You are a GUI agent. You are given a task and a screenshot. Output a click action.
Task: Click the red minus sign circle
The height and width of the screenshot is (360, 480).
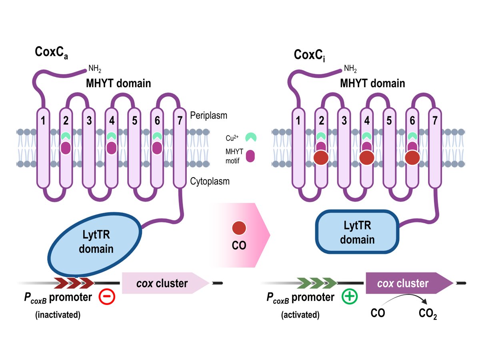point(106,298)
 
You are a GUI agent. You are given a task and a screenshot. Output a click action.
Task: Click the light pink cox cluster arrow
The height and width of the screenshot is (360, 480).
point(164,283)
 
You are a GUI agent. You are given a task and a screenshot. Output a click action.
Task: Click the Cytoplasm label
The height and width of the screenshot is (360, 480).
point(210,182)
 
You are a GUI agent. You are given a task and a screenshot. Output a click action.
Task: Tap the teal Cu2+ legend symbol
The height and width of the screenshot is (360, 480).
point(251,138)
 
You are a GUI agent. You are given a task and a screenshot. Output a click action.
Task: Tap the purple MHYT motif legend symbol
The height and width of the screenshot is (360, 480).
point(251,156)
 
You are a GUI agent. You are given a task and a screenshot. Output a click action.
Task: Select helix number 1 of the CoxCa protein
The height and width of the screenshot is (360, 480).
point(42,148)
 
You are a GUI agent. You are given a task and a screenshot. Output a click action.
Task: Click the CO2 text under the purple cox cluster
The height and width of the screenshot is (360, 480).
point(428,313)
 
